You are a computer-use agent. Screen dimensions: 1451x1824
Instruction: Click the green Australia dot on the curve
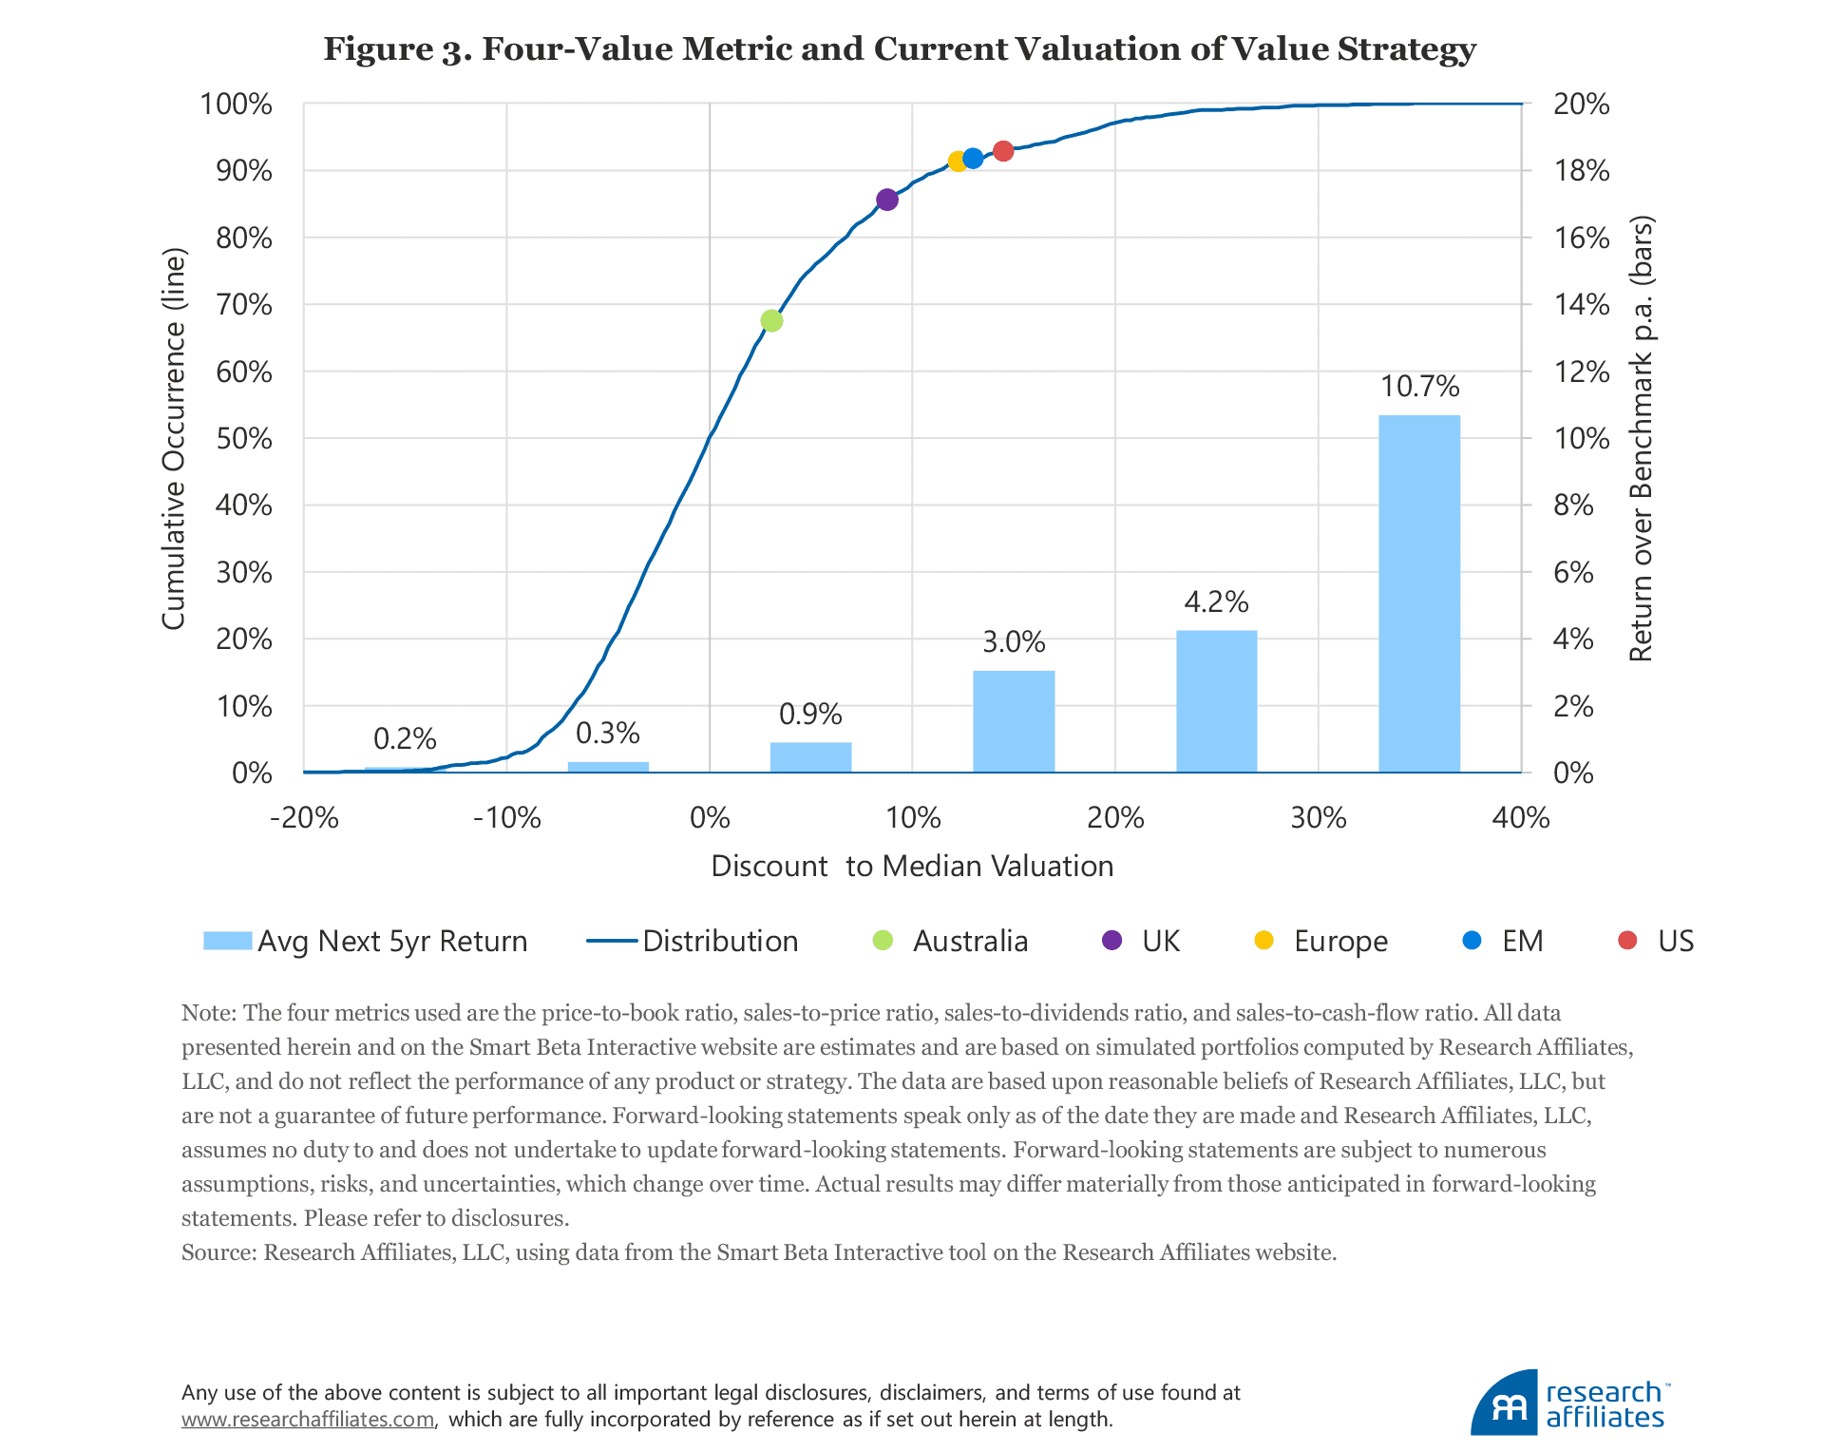click(x=771, y=321)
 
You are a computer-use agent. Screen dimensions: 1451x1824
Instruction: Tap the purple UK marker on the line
click(x=887, y=200)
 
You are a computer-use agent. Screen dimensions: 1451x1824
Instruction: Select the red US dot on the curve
click(x=1003, y=151)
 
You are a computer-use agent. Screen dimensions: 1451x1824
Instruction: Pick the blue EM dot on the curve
click(x=973, y=159)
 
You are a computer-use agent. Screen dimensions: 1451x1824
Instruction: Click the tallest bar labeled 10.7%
click(x=1419, y=593)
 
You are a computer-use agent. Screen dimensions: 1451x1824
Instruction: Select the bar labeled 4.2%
click(x=1216, y=700)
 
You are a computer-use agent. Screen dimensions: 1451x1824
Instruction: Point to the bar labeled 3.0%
click(x=1014, y=720)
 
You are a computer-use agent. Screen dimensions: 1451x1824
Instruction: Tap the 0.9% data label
click(x=810, y=714)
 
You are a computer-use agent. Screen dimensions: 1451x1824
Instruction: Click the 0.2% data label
click(x=405, y=738)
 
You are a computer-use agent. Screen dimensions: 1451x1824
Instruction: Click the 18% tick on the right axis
click(x=1581, y=171)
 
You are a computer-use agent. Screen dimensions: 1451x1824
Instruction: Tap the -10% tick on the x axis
click(x=506, y=817)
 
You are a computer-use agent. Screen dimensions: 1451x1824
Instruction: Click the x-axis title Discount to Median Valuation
click(x=912, y=866)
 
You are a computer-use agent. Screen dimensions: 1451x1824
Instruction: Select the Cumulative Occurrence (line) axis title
click(x=173, y=438)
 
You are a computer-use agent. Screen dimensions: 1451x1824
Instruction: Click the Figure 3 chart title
click(x=900, y=48)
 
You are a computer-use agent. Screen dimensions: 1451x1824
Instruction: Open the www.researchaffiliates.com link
click(x=308, y=1420)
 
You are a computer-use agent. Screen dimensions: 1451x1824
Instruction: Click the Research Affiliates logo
click(x=1568, y=1403)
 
